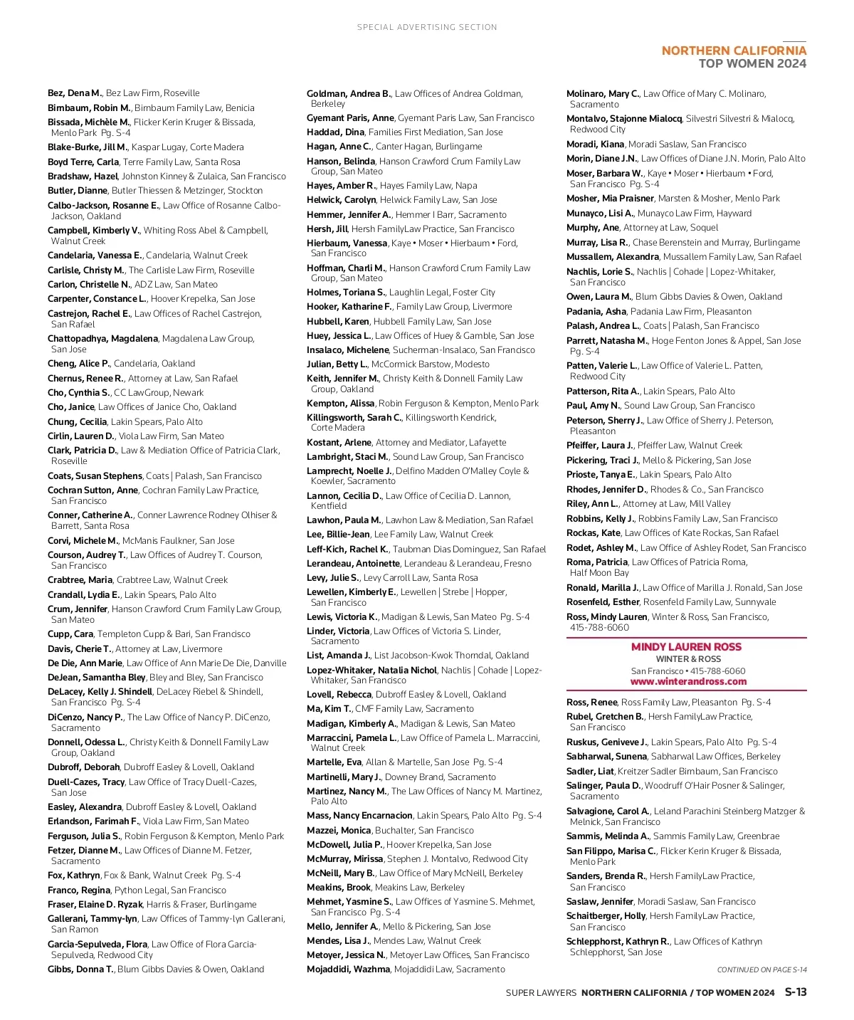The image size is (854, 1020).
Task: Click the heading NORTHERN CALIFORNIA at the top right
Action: click(734, 51)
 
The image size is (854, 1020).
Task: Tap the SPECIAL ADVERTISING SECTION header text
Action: click(427, 27)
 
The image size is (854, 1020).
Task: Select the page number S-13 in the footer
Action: click(796, 992)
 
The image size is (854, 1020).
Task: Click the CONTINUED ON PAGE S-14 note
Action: click(761, 969)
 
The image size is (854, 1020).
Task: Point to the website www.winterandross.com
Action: click(688, 681)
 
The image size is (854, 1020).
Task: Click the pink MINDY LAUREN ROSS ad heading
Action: click(686, 647)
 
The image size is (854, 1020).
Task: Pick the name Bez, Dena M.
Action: click(75, 93)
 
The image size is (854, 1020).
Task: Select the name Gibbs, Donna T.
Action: click(80, 969)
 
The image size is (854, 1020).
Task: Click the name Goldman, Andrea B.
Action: click(349, 93)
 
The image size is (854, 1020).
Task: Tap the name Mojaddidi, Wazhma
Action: click(348, 969)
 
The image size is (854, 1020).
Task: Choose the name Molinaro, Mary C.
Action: click(603, 93)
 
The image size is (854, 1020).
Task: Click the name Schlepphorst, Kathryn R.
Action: click(618, 941)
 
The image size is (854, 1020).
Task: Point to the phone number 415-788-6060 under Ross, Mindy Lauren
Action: click(599, 628)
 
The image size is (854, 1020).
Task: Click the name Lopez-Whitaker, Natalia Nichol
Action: click(371, 670)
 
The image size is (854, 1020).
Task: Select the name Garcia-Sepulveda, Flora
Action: click(97, 944)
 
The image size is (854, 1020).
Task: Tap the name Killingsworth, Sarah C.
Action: click(354, 418)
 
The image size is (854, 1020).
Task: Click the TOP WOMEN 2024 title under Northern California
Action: click(752, 64)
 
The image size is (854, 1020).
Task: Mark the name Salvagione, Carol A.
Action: click(608, 811)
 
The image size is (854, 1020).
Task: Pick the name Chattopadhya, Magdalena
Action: click(102, 339)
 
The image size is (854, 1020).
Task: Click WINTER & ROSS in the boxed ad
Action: click(688, 659)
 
